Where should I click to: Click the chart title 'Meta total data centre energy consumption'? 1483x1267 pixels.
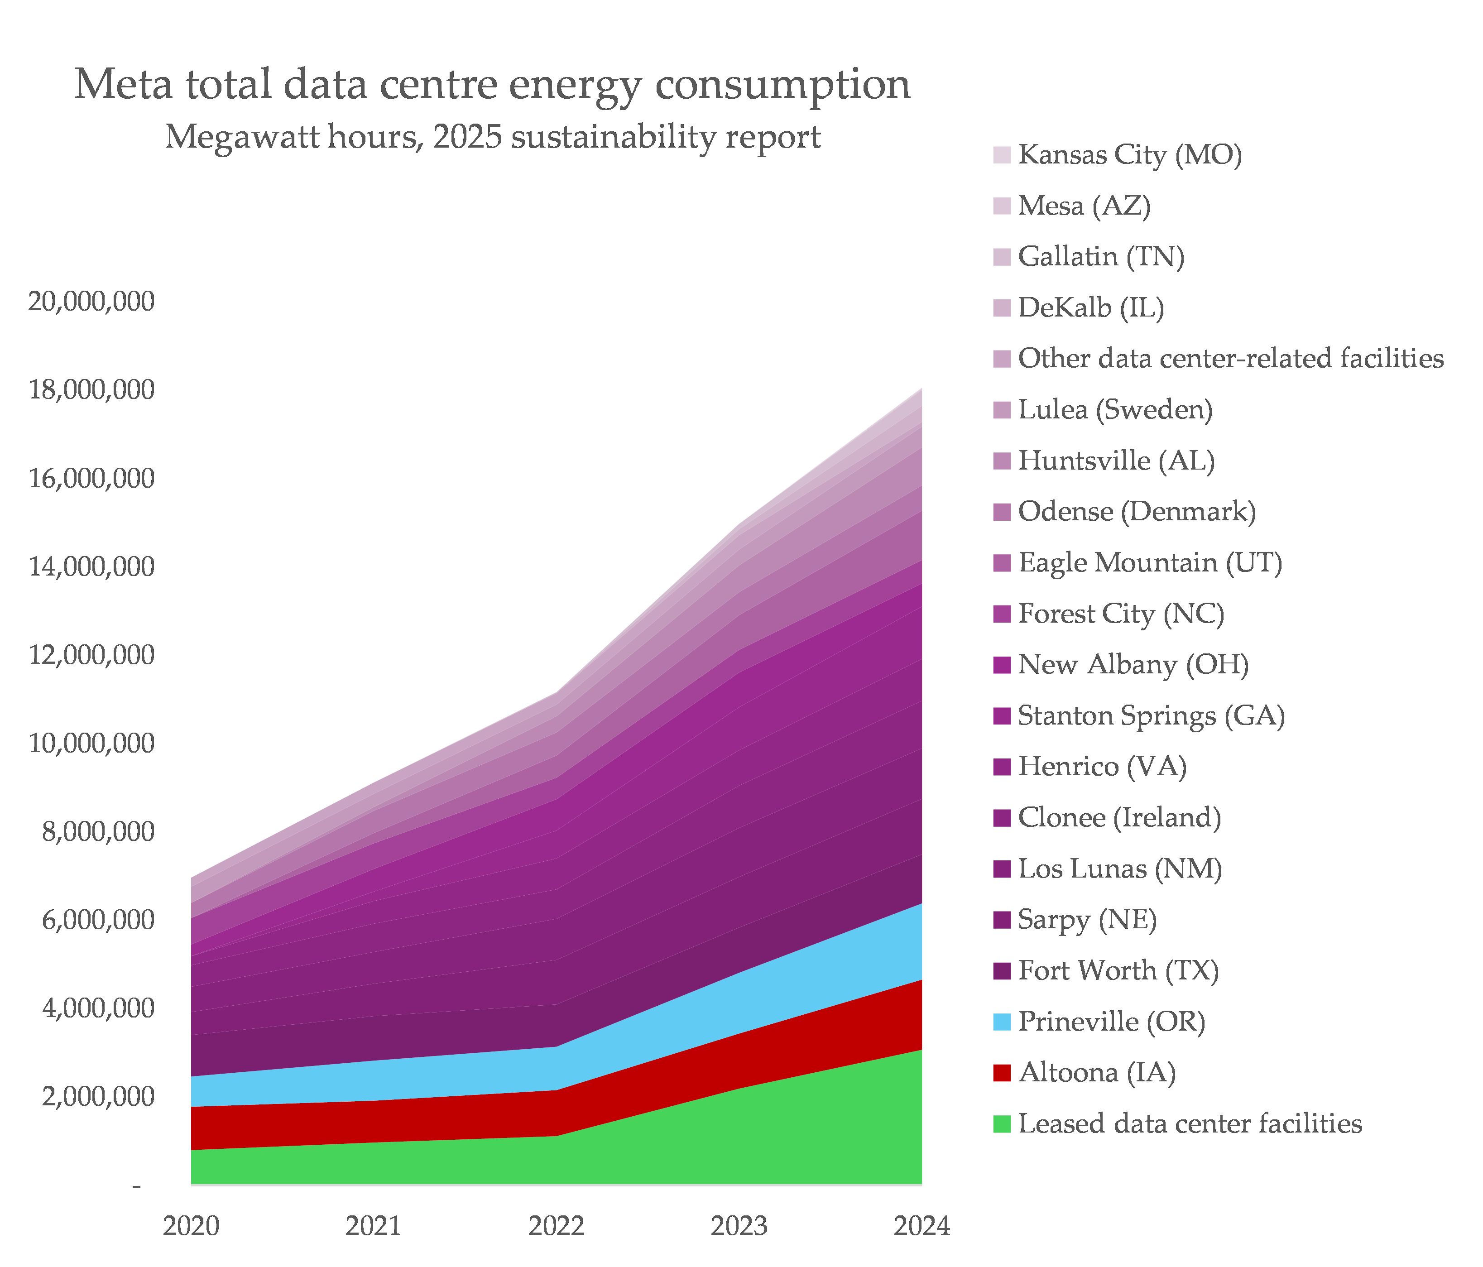492,85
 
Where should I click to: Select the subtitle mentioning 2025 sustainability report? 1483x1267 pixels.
492,136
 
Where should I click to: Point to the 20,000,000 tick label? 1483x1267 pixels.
91,302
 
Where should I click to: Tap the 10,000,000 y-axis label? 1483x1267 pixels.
91,743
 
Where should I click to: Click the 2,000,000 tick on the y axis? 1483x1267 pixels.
98,1097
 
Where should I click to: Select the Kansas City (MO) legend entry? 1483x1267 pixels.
1129,154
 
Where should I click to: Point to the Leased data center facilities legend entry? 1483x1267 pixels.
1190,1124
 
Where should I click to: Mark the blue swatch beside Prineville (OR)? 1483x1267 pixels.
1002,1022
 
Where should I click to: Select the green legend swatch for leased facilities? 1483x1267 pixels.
1002,1124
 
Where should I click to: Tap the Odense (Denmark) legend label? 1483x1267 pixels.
1137,512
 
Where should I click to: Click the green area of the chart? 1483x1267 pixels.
644,1152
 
